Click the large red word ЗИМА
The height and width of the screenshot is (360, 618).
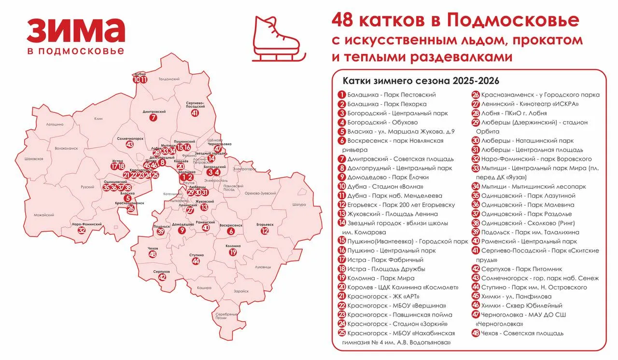click(x=76, y=31)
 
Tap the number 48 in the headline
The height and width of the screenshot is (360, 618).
click(x=344, y=21)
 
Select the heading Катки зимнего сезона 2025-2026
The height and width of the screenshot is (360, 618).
click(x=421, y=80)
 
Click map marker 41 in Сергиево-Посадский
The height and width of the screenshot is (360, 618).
click(x=195, y=113)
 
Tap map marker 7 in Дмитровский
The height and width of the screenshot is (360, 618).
click(x=154, y=117)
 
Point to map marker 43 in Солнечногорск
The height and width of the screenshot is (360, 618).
click(x=129, y=144)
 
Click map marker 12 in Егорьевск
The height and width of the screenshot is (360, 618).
click(x=265, y=231)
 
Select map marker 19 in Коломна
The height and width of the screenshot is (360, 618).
click(x=233, y=252)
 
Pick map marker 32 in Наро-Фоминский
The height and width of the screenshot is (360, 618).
click(x=82, y=230)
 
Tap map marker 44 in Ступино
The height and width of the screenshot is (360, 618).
click(x=196, y=261)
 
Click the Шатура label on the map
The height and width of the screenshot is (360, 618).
click(x=299, y=205)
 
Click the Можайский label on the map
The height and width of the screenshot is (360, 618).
click(x=44, y=215)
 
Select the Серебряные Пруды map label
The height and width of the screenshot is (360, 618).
click(x=226, y=316)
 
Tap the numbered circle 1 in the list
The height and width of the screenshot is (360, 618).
click(x=341, y=95)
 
